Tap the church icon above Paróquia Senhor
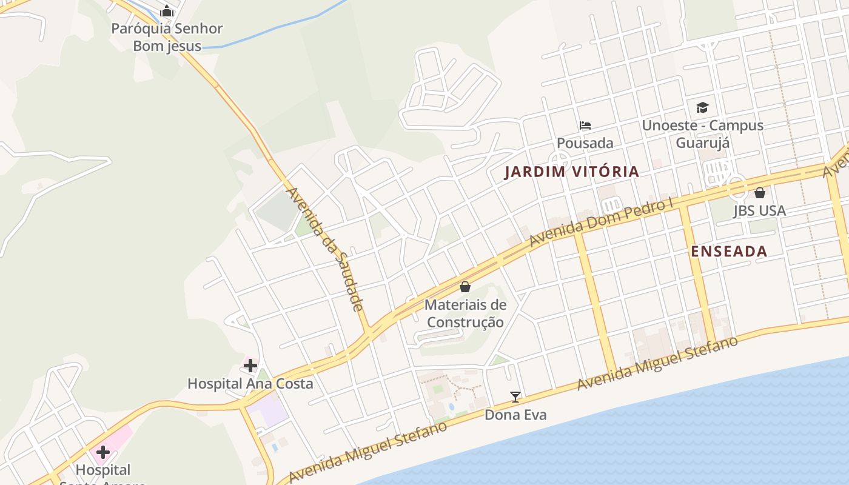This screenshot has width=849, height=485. tap(167, 12)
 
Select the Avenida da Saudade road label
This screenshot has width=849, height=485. tap(325, 249)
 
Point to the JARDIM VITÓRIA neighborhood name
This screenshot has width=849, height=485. tap(572, 172)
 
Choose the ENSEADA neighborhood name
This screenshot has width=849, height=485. tap(729, 252)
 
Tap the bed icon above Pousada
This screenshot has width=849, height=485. tap(585, 125)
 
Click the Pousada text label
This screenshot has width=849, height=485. tap(585, 143)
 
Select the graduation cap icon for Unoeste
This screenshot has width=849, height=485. tap(702, 108)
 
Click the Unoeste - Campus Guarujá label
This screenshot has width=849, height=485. tap(702, 134)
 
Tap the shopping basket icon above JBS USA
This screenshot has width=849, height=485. tap(760, 193)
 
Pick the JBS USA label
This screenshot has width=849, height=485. tap(759, 211)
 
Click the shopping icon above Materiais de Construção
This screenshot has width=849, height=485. tap(465, 286)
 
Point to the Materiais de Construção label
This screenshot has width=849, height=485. tap(465, 313)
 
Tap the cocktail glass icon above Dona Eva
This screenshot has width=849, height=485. tap(515, 397)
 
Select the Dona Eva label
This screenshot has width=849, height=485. tap(515, 415)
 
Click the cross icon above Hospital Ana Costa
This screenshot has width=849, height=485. tap(250, 366)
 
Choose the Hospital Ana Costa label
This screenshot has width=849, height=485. tap(250, 384)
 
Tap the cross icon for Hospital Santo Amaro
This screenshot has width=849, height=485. tap(103, 452)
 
